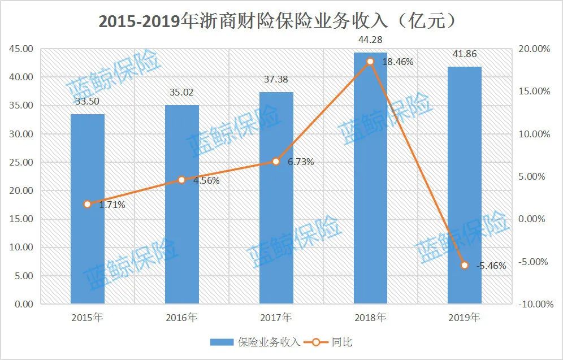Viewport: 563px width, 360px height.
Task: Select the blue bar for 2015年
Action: pyautogui.click(x=88, y=209)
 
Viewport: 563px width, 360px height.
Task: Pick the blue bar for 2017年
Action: pyautogui.click(x=276, y=198)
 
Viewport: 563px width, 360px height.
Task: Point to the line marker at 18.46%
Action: pyautogui.click(x=370, y=61)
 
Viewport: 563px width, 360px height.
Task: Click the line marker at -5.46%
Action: pyautogui.click(x=465, y=265)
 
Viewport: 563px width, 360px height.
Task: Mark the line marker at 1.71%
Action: pyautogui.click(x=88, y=204)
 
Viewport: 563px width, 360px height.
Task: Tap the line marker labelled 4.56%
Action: pyautogui.click(x=181, y=180)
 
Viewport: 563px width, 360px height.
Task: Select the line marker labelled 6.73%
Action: pyautogui.click(x=276, y=161)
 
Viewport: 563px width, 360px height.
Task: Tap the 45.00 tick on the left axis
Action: pyautogui.click(x=21, y=49)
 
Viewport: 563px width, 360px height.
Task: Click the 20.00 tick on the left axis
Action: pyautogui.click(x=21, y=191)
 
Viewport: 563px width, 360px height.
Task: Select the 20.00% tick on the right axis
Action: pyautogui.click(x=534, y=49)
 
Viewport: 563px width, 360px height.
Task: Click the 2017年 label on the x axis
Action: pyautogui.click(x=276, y=318)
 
